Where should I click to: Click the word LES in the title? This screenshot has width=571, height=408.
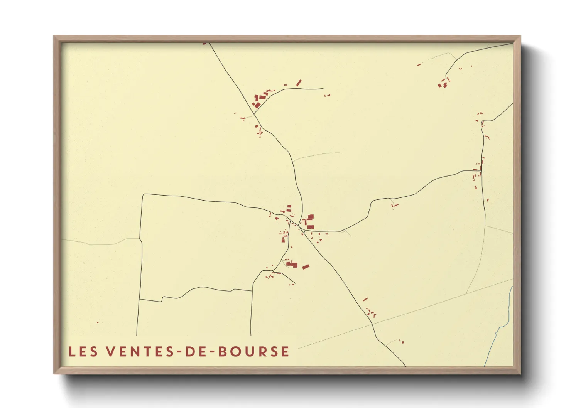(83, 352)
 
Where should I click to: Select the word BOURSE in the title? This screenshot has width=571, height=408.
(253, 352)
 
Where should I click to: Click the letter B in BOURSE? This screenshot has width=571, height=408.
(223, 352)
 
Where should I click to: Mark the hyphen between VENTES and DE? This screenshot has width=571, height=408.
(178, 352)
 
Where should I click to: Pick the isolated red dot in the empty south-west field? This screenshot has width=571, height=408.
(98, 322)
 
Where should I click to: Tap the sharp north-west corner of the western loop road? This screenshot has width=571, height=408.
(144, 194)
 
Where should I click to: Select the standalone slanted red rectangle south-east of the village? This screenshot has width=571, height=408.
(306, 266)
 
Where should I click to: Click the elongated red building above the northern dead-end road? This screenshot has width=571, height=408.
(299, 83)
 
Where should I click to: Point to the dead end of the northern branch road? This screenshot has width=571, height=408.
(323, 89)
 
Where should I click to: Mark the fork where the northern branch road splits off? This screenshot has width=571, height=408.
(254, 114)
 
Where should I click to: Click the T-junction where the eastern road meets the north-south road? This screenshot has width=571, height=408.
(483, 170)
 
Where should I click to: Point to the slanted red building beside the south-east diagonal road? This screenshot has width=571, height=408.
(365, 299)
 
